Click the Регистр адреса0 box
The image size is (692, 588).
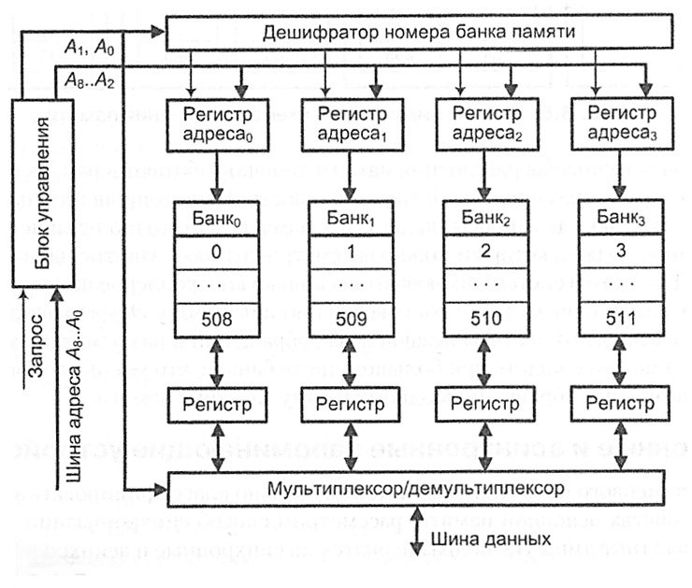tap(215, 127)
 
